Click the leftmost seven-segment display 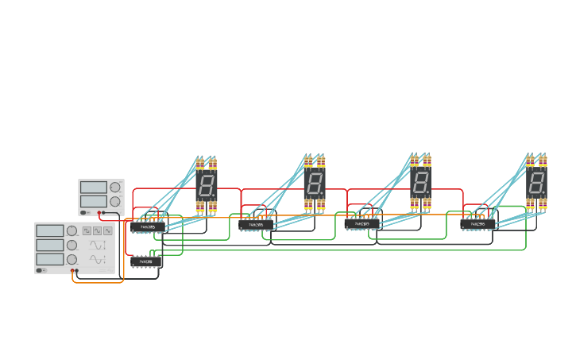pos(207,186)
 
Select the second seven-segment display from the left pos(315,184)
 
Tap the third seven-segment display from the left pos(421,184)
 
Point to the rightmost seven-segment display pos(537,184)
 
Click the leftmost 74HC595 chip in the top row pos(147,227)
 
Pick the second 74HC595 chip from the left pos(256,225)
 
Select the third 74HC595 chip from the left pos(361,224)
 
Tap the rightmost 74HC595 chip pos(477,224)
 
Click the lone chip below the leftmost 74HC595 pos(146,261)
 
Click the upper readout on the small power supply pos(93,188)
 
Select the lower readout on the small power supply pos(93,202)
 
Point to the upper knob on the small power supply pos(115,188)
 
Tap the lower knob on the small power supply pos(115,202)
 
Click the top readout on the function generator pos(49,230)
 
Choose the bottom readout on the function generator pos(49,259)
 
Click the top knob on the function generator pos(72,230)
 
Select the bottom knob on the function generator pos(72,259)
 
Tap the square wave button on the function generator pos(87,230)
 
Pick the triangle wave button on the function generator pos(97,230)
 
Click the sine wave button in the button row pos(107,230)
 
